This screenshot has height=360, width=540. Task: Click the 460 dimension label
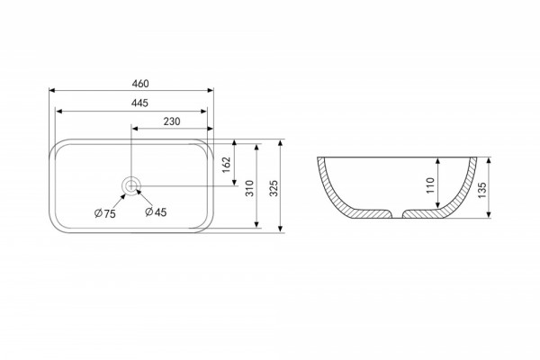coord(140,84)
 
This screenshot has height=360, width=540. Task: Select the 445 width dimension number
coord(139,103)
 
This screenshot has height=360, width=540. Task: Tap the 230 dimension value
coord(172,121)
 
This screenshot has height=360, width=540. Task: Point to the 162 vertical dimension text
coord(226,165)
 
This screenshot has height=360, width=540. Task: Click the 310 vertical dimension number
coord(249,188)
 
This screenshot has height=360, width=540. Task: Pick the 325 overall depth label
coord(274,188)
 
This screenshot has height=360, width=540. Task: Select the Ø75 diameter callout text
coord(105,214)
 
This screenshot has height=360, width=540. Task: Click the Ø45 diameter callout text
coord(156,212)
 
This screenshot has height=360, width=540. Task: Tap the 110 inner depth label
coord(430,185)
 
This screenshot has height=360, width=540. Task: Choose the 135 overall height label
coord(482,190)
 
